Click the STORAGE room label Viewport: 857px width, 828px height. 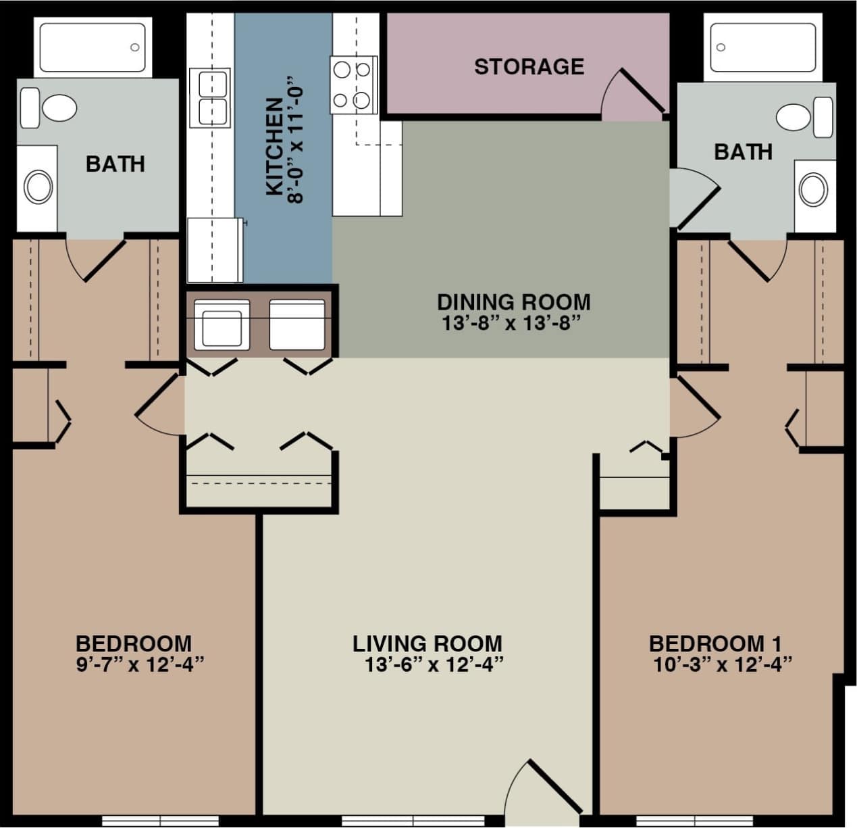coord(529,66)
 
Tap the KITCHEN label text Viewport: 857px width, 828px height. coord(274,147)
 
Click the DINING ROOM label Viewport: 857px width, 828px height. coord(513,301)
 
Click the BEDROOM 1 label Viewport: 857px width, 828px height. coord(715,643)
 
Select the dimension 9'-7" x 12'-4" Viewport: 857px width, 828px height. coord(140,665)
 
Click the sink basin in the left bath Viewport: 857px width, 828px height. coord(38,187)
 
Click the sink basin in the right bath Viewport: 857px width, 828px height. coord(813,190)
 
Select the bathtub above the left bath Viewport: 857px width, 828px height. coord(93,47)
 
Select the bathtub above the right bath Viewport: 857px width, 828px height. coord(762,47)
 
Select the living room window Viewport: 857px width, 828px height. coord(413,821)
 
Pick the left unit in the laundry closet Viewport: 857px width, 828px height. coord(222,324)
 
